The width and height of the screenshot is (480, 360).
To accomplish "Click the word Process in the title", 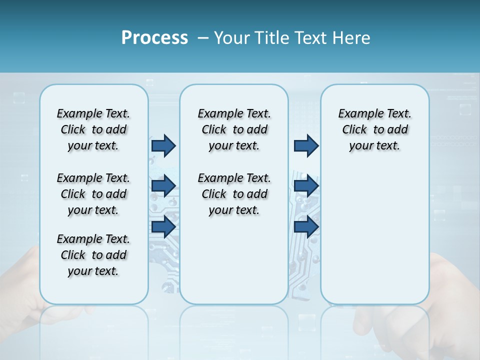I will [x=154, y=37].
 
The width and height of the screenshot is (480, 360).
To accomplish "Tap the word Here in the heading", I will [x=352, y=38].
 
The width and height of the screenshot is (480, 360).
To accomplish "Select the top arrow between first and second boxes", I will [x=163, y=145].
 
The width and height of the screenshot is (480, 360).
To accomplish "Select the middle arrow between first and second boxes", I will [x=163, y=186].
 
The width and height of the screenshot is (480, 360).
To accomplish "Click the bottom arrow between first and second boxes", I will [x=163, y=226].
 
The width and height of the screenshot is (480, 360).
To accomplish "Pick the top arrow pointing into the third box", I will [x=306, y=145].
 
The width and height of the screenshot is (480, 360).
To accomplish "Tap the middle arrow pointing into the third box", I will [x=306, y=186].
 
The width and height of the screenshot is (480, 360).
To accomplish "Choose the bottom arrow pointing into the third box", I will [x=306, y=226].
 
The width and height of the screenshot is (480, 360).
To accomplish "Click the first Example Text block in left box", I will [x=93, y=129].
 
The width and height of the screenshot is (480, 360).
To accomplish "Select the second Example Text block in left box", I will [x=93, y=194].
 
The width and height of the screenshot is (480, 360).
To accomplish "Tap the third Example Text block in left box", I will [x=93, y=255].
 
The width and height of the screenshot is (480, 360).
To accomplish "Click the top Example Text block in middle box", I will [x=234, y=129].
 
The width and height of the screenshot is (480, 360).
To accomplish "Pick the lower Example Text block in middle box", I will [x=234, y=194].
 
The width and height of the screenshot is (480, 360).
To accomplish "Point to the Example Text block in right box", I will [x=374, y=129].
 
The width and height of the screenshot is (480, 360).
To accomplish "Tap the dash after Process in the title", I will [x=203, y=38].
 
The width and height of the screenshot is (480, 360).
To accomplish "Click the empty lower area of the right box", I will [x=374, y=240].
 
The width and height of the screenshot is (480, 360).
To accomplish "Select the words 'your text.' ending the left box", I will [x=93, y=271].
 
